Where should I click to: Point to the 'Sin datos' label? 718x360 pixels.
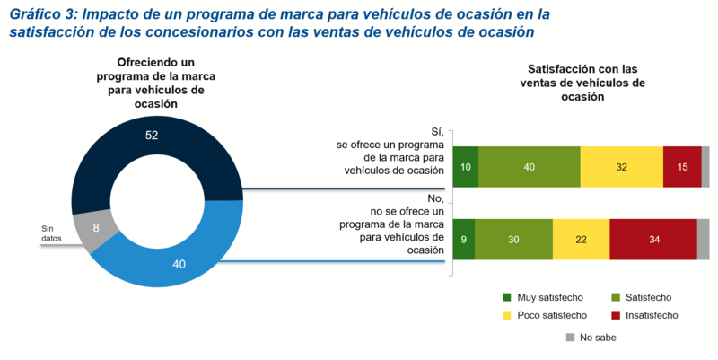[x=53, y=234]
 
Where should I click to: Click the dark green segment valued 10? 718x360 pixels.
[x=465, y=166]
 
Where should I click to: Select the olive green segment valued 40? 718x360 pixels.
[x=529, y=166]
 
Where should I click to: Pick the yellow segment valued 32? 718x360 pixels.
[x=621, y=166]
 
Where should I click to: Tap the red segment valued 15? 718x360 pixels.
[x=682, y=166]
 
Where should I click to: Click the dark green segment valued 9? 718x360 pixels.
[x=464, y=239]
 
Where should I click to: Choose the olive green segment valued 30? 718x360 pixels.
[x=513, y=239]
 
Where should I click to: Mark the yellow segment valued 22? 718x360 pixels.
[x=581, y=239]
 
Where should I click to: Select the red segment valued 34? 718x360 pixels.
[x=652, y=239]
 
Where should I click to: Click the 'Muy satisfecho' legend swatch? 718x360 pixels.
[x=507, y=297]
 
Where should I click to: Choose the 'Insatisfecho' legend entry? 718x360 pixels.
[x=644, y=315]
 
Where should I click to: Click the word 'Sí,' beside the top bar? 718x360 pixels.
[x=437, y=131]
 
